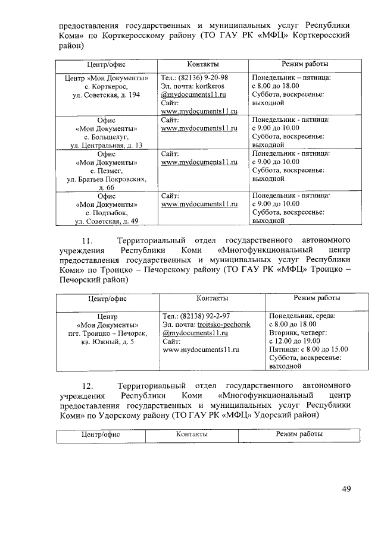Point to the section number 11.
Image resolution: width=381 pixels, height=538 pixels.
click(x=87, y=241)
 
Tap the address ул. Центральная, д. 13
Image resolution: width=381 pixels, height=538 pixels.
click(x=106, y=145)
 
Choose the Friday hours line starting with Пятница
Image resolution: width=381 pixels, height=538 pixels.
click(x=306, y=350)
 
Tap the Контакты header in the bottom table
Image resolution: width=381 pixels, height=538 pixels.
click(x=192, y=435)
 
